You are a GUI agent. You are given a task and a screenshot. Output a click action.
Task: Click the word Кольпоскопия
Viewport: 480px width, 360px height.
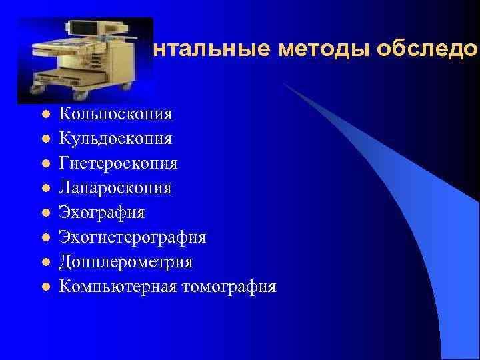(115, 114)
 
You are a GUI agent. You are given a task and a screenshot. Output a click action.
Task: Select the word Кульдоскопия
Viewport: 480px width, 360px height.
(115, 139)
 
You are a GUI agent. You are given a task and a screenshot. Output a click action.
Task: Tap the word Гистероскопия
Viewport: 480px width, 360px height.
(118, 163)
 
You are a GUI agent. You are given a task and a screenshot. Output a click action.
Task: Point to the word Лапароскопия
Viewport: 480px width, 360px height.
(115, 188)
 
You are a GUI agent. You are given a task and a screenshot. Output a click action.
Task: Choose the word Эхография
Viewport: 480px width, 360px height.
(101, 213)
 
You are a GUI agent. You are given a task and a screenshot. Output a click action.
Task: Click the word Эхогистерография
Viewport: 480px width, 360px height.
(132, 237)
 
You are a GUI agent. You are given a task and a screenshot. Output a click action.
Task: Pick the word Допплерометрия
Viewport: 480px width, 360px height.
(125, 262)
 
